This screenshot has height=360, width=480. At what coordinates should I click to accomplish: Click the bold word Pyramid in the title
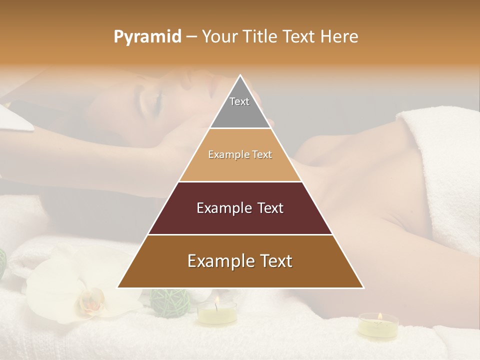click(x=147, y=37)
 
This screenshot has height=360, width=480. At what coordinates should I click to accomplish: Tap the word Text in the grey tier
click(x=239, y=101)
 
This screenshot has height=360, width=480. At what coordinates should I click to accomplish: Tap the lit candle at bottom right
click(x=378, y=324)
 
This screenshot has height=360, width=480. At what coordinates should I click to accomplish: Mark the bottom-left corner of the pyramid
click(x=117, y=288)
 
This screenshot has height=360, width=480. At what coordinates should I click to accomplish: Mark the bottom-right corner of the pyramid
click(x=363, y=288)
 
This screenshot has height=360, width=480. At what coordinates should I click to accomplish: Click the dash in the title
click(x=191, y=37)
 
